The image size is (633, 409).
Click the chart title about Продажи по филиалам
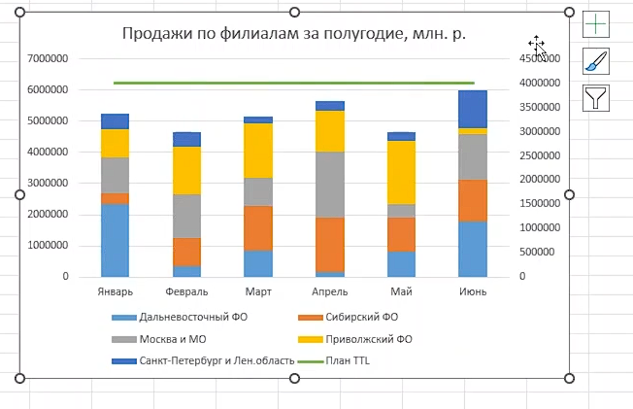pos(293,34)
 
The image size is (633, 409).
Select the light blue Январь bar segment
pos(115,240)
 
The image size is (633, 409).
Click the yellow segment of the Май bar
pos(401,172)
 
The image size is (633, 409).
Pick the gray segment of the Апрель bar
pos(329,184)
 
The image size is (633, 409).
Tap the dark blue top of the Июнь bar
pos(472,109)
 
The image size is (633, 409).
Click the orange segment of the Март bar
pos(257,228)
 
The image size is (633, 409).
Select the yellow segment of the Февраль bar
pos(185,170)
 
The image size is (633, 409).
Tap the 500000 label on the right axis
pos(538,253)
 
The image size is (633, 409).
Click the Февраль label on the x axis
pos(185,291)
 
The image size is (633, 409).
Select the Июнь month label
pos(472,291)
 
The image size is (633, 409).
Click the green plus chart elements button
pos(595,24)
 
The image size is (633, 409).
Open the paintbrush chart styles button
pos(595,61)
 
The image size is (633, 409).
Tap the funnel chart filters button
pos(595,97)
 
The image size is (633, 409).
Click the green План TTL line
pos(291,84)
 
